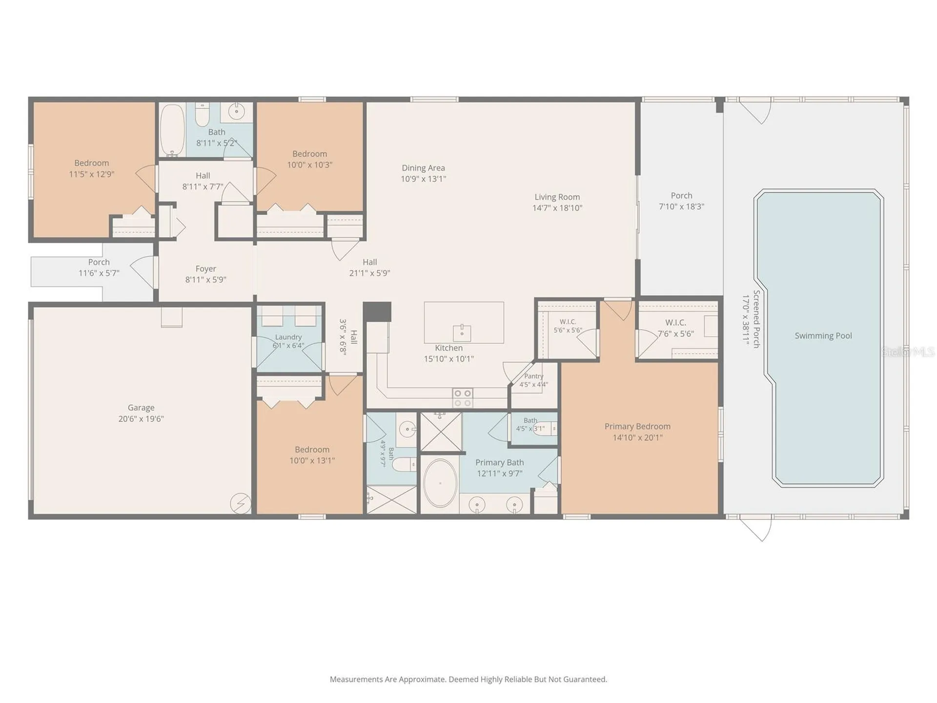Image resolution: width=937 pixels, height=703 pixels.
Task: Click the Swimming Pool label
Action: pyautogui.click(x=823, y=336)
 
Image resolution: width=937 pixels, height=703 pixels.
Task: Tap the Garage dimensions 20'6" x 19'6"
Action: pyautogui.click(x=141, y=419)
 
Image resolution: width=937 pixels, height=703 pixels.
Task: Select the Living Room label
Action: pyautogui.click(x=557, y=197)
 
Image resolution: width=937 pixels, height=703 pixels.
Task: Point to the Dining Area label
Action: pyautogui.click(x=423, y=168)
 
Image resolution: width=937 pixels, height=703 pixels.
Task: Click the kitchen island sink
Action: pyautogui.click(x=462, y=332)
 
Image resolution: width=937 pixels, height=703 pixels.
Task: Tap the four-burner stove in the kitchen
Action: pyautogui.click(x=463, y=398)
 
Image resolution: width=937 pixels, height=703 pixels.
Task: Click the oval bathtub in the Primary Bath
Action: pyautogui.click(x=440, y=483)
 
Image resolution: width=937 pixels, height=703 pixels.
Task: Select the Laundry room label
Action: pyautogui.click(x=288, y=337)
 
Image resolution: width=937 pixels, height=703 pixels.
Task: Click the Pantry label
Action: pyautogui.click(x=534, y=376)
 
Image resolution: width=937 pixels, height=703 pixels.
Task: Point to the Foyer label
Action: pyautogui.click(x=205, y=269)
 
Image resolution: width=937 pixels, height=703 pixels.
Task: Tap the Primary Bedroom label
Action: pyautogui.click(x=637, y=426)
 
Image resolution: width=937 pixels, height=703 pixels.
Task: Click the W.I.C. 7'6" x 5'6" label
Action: pyautogui.click(x=676, y=328)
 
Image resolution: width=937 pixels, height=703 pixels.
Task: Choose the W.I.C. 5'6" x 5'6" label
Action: pyautogui.click(x=568, y=326)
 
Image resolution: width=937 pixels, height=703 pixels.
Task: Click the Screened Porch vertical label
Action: pyautogui.click(x=756, y=319)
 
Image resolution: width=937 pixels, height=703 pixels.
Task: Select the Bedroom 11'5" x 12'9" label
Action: pyautogui.click(x=92, y=168)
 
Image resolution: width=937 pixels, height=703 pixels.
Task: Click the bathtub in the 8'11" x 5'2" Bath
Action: pyautogui.click(x=172, y=130)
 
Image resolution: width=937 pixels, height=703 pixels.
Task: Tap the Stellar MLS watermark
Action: pyautogui.click(x=908, y=351)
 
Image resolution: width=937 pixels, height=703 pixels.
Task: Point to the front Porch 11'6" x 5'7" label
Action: pyautogui.click(x=99, y=268)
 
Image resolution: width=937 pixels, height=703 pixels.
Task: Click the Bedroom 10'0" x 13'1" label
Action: pyautogui.click(x=312, y=455)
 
